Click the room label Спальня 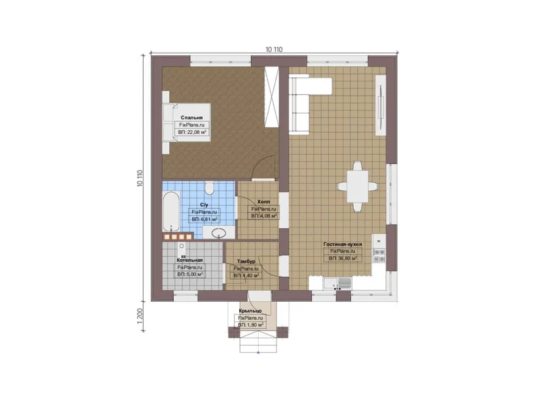(x=192, y=117)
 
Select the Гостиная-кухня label (x=342, y=245)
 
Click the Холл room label (x=264, y=202)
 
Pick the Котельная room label (x=189, y=260)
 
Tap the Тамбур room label (x=246, y=261)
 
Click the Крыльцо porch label (x=250, y=311)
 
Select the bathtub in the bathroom (x=171, y=211)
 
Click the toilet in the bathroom (x=209, y=188)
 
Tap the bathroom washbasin (x=219, y=232)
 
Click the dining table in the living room (x=357, y=187)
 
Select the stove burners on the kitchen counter (x=379, y=256)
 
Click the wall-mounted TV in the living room (x=380, y=105)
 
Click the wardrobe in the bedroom (x=271, y=97)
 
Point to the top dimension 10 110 (x=274, y=50)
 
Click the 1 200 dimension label (x=141, y=316)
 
